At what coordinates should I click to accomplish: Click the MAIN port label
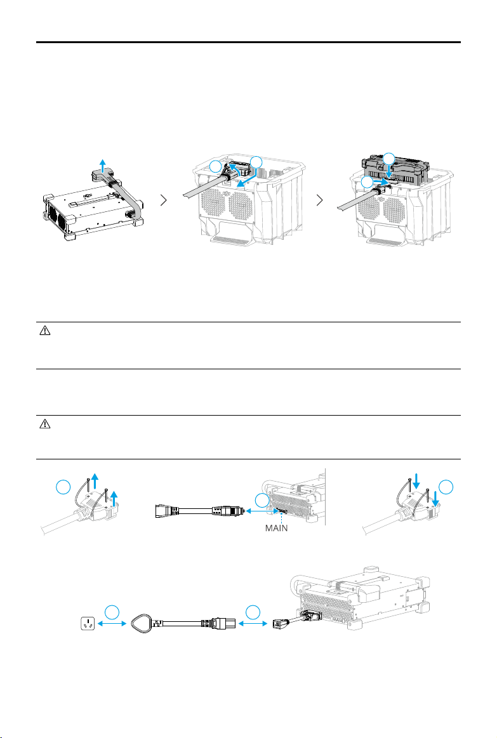click(x=276, y=528)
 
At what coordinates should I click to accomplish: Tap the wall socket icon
click(x=87, y=624)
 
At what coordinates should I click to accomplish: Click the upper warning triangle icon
click(x=44, y=331)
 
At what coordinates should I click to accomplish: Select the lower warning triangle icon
click(x=44, y=424)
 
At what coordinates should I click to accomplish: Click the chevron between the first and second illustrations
click(x=164, y=200)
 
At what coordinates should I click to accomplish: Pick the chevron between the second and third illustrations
click(x=320, y=200)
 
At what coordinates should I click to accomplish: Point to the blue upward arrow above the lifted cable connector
click(x=103, y=166)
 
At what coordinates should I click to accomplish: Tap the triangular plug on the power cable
click(x=143, y=623)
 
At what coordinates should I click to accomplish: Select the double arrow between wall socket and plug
click(x=112, y=624)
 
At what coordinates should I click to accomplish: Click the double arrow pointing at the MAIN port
click(x=260, y=510)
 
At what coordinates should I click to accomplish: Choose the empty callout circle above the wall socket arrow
click(x=112, y=612)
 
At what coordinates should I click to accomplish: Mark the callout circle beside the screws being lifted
click(x=63, y=487)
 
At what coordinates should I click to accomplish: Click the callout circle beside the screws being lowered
click(x=446, y=487)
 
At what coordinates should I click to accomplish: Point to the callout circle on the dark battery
click(x=388, y=159)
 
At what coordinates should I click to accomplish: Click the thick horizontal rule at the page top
click(x=249, y=43)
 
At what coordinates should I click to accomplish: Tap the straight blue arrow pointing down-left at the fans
click(x=246, y=178)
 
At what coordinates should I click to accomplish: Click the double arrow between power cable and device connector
click(x=253, y=624)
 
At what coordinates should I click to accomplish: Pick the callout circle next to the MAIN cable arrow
click(x=262, y=500)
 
